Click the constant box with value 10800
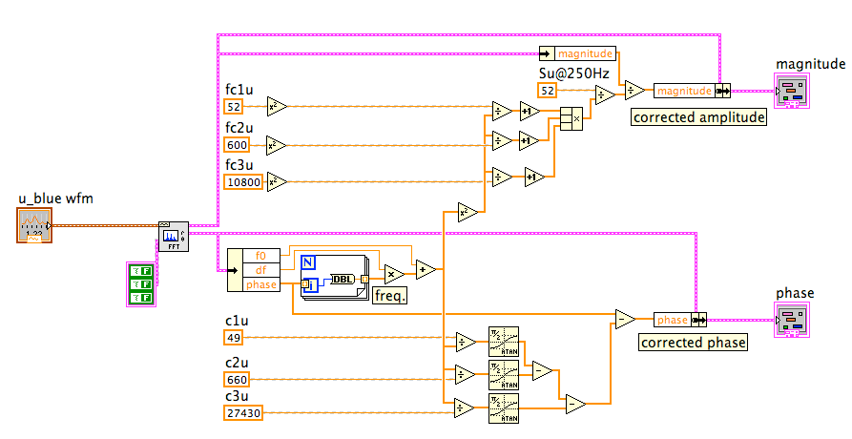click(242, 181)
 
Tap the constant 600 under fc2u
click(237, 145)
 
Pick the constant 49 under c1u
click(234, 337)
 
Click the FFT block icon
click(173, 236)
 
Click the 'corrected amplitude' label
click(699, 118)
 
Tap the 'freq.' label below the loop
click(389, 296)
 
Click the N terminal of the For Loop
click(308, 262)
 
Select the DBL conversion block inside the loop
click(343, 279)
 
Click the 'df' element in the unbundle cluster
click(260, 270)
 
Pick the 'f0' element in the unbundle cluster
click(260, 256)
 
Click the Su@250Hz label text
click(573, 73)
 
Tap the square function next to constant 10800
click(277, 181)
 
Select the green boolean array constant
click(141, 284)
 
